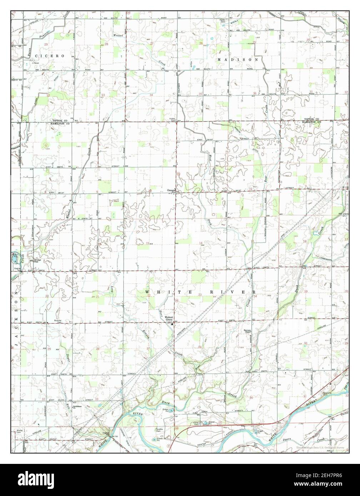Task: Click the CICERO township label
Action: coord(50,56)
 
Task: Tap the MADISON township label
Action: coord(237,60)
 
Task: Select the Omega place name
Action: coord(171,190)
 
